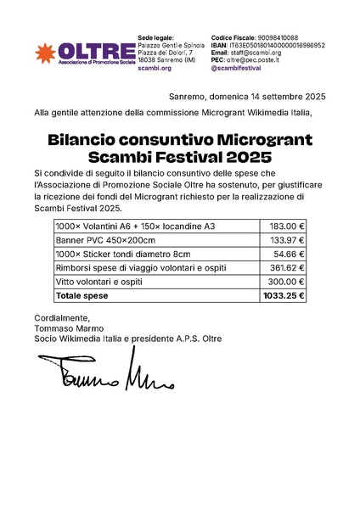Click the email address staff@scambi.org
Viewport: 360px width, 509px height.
point(255,53)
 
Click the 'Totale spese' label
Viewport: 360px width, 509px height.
point(82,296)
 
